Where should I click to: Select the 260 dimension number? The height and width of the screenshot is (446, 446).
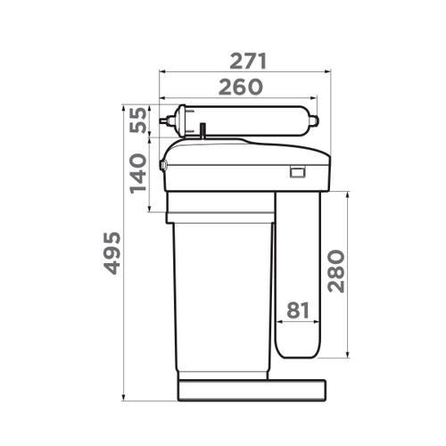tap(237, 87)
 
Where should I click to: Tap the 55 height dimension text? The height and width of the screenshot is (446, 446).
tap(138, 120)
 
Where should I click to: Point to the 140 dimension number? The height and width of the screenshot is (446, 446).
tap(138, 173)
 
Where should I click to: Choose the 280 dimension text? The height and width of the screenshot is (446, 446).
tap(336, 270)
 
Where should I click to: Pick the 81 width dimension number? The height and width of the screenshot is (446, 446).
tap(297, 310)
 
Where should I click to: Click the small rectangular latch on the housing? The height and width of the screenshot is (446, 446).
tap(296, 172)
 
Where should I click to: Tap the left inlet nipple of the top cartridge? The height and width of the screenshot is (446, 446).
tap(163, 120)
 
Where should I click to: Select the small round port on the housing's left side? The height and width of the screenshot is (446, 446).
tap(163, 165)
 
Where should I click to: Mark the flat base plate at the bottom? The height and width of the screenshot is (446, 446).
tap(252, 390)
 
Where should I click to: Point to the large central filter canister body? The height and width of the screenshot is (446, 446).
tap(222, 294)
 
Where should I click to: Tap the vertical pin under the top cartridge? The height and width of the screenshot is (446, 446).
tap(203, 132)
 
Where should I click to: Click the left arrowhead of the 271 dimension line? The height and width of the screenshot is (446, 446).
tap(161, 72)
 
